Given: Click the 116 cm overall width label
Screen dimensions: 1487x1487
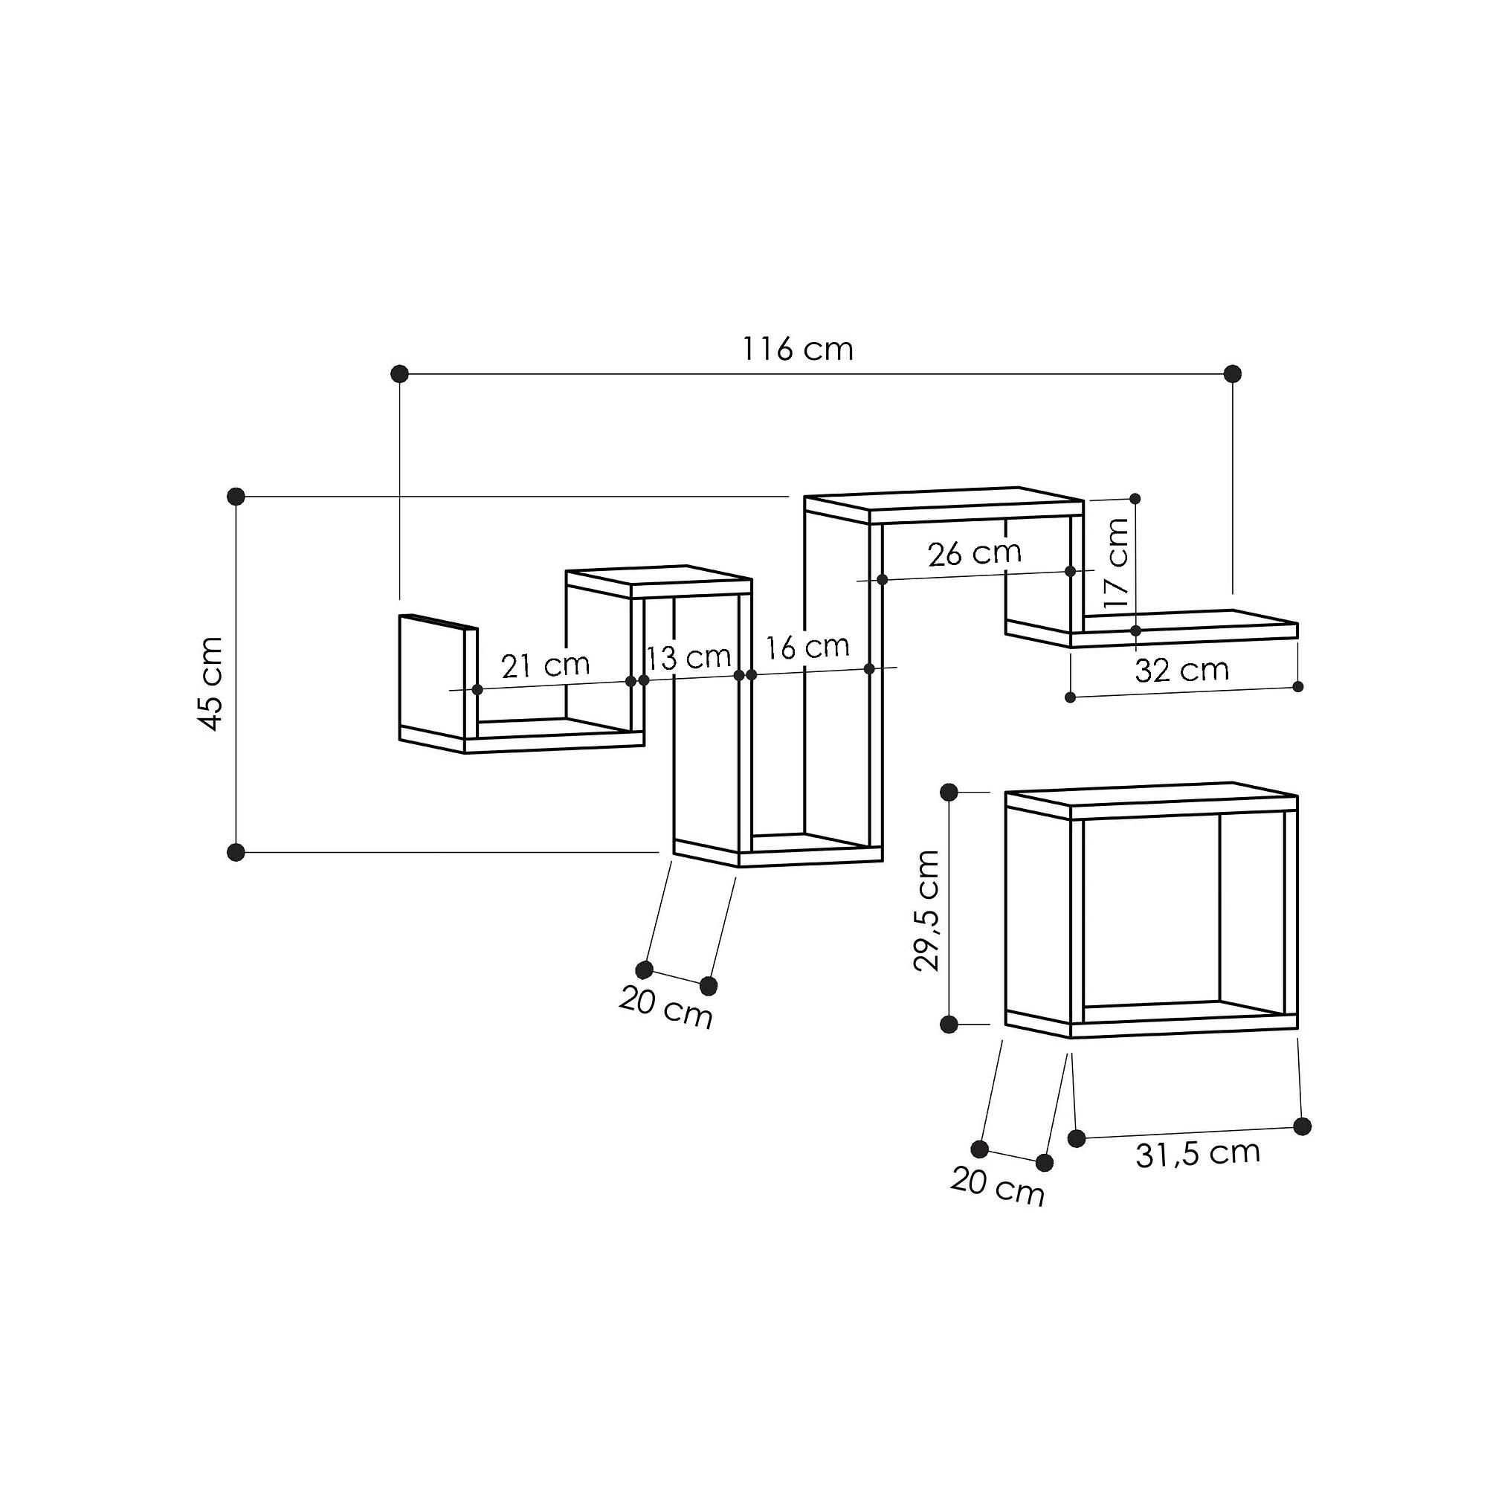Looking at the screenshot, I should (x=797, y=349).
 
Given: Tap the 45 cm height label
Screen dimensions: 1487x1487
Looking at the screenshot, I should (x=210, y=683).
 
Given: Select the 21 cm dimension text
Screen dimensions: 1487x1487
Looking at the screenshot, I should (x=545, y=665).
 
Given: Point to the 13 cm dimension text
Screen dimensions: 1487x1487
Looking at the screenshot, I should (x=687, y=657).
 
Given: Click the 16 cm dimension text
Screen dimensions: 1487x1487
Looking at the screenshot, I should (x=807, y=647).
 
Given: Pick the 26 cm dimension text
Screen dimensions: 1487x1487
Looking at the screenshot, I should (x=975, y=552).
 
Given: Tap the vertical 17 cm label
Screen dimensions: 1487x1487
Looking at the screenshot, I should (x=1115, y=563).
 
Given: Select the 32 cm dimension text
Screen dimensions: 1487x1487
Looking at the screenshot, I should (x=1181, y=671).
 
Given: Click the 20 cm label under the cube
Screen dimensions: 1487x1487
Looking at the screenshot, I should (x=998, y=1186).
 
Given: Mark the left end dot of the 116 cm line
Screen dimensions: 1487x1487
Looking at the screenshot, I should (x=399, y=374).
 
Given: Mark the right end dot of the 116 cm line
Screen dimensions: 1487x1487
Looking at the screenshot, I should (x=1232, y=374).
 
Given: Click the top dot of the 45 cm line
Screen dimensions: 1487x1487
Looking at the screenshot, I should (x=236, y=497).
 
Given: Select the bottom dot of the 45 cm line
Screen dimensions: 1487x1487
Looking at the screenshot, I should (x=236, y=852).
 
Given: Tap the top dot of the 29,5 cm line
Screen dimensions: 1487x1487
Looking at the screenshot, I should (x=948, y=791).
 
